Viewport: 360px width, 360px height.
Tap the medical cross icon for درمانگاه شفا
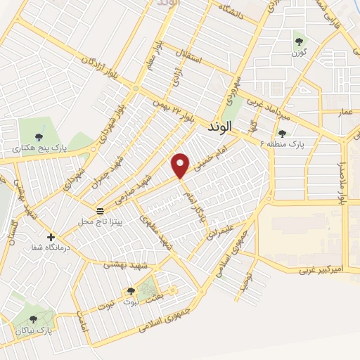tap(51, 236)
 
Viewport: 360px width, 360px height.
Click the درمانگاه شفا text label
tap(47, 247)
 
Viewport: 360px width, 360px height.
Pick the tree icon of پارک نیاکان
tap(33, 319)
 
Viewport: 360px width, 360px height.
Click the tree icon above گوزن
tap(300, 41)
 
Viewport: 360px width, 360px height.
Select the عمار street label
tap(345, 112)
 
